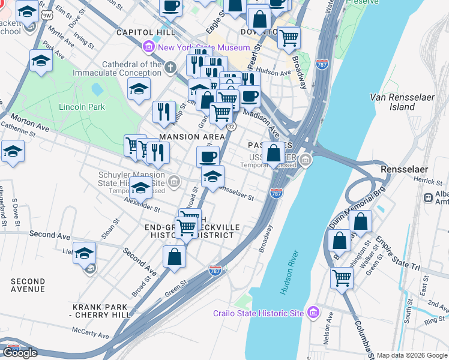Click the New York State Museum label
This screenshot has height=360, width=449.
pos(205,47)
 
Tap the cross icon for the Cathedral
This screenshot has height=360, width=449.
pos(171,67)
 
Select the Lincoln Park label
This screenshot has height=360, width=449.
pos(82,107)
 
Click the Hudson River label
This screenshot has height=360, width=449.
pos(290,267)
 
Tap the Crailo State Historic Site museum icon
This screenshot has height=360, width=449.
pos(312,313)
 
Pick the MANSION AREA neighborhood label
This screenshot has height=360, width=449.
pos(188,137)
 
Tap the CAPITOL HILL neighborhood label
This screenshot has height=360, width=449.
pos(146,32)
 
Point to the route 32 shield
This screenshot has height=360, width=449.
pos(232,126)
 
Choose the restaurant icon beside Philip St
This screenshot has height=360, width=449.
pos(163,111)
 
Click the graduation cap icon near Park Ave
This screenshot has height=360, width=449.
pos(41,61)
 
